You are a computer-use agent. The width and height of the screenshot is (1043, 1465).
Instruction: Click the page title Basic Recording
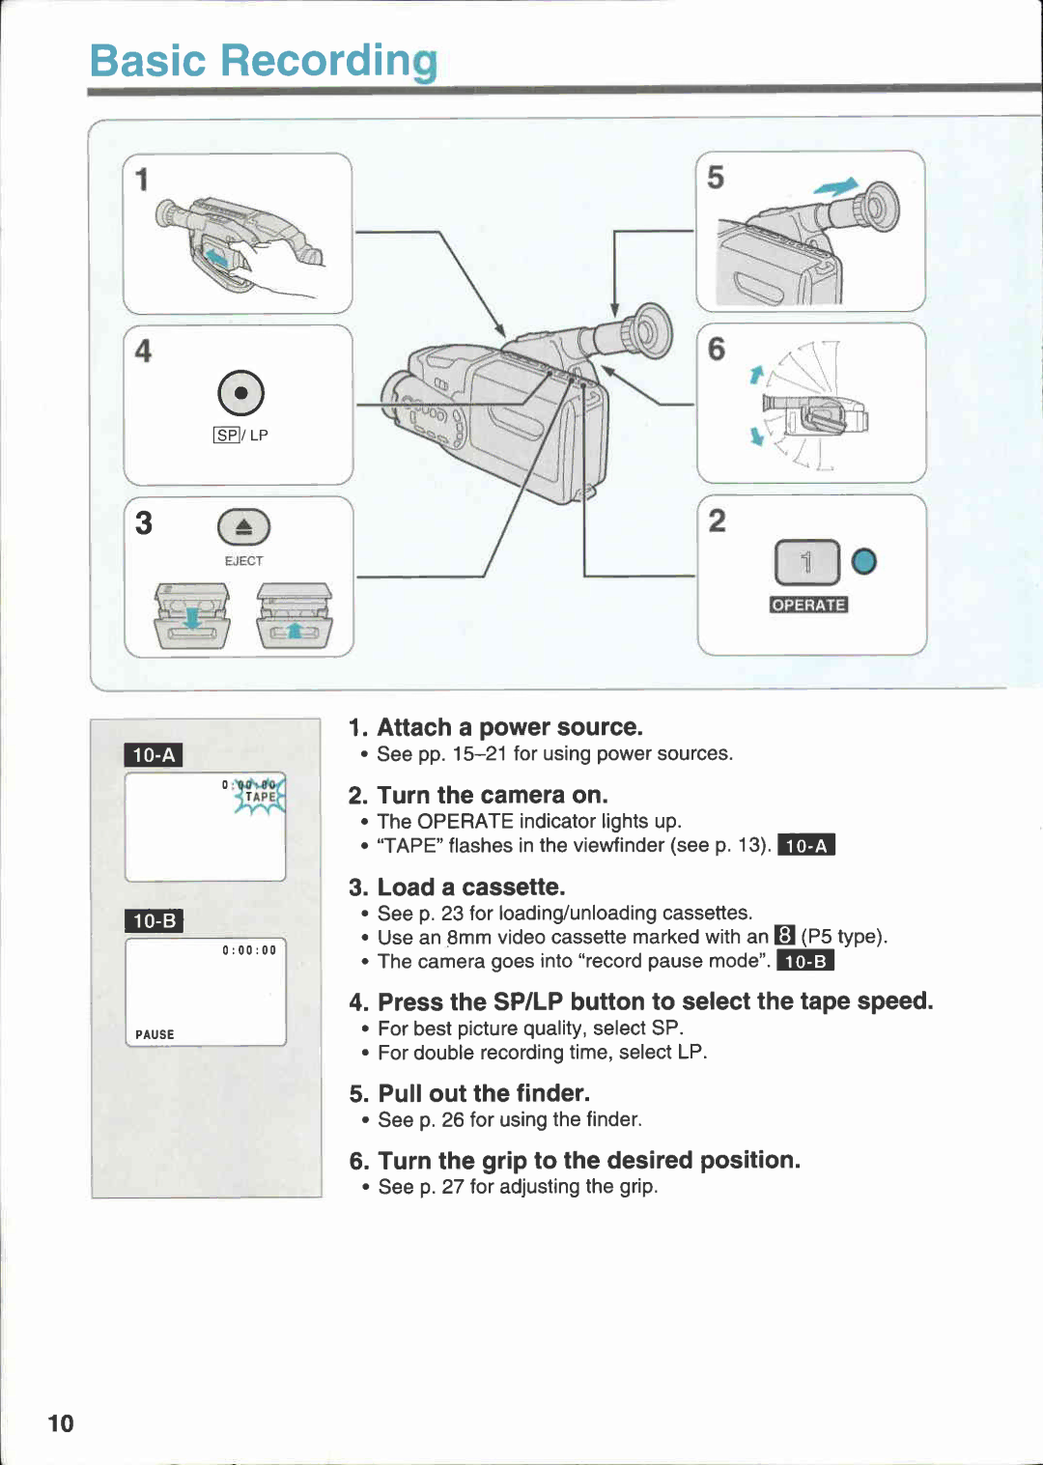click(x=263, y=61)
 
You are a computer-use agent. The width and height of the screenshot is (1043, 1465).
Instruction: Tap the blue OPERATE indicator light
click(x=863, y=561)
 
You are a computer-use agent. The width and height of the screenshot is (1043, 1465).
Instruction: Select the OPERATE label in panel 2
click(x=808, y=606)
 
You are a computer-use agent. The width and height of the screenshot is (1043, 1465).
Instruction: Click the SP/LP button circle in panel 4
click(x=240, y=392)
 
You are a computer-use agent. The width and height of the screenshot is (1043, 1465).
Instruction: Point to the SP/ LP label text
click(x=240, y=436)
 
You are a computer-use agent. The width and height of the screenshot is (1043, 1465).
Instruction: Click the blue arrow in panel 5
click(x=836, y=186)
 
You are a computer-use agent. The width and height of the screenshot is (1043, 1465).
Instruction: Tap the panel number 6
click(x=716, y=349)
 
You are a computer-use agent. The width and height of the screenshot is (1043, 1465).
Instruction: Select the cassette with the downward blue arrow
click(x=193, y=616)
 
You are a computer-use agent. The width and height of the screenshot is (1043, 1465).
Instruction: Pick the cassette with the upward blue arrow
click(x=295, y=616)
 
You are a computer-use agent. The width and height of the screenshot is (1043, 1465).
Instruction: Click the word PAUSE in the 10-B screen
click(x=155, y=1034)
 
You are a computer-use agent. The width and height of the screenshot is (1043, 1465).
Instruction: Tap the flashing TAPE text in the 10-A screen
click(x=261, y=797)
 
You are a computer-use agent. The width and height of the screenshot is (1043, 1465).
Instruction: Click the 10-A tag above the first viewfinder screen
click(x=154, y=755)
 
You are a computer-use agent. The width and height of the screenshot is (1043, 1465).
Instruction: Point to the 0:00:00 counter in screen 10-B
click(x=249, y=950)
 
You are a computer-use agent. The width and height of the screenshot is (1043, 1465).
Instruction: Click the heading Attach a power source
click(x=509, y=727)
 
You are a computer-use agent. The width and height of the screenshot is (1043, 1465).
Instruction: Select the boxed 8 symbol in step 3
click(x=784, y=936)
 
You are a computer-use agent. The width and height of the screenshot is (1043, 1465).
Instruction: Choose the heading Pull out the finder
click(x=483, y=1093)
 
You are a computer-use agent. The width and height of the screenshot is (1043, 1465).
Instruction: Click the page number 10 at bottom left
click(x=61, y=1423)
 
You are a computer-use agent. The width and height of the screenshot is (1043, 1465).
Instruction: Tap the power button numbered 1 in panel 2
click(x=806, y=562)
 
